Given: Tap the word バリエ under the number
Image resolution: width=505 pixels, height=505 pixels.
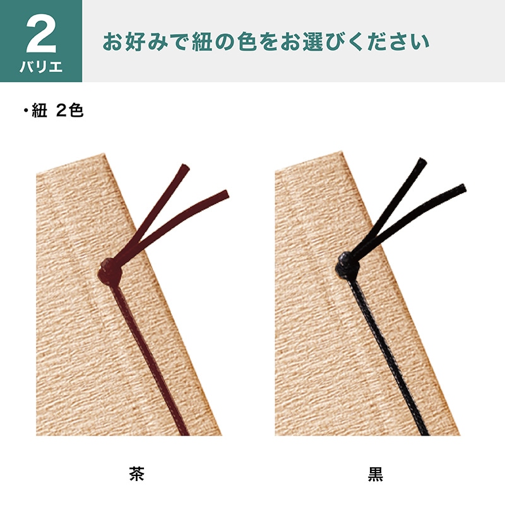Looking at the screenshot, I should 41,67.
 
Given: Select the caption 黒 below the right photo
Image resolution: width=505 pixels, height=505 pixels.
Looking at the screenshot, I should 376,473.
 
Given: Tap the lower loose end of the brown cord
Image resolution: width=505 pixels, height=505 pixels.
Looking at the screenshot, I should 224,193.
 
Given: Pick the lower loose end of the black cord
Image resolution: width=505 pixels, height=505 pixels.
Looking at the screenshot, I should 461,188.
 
